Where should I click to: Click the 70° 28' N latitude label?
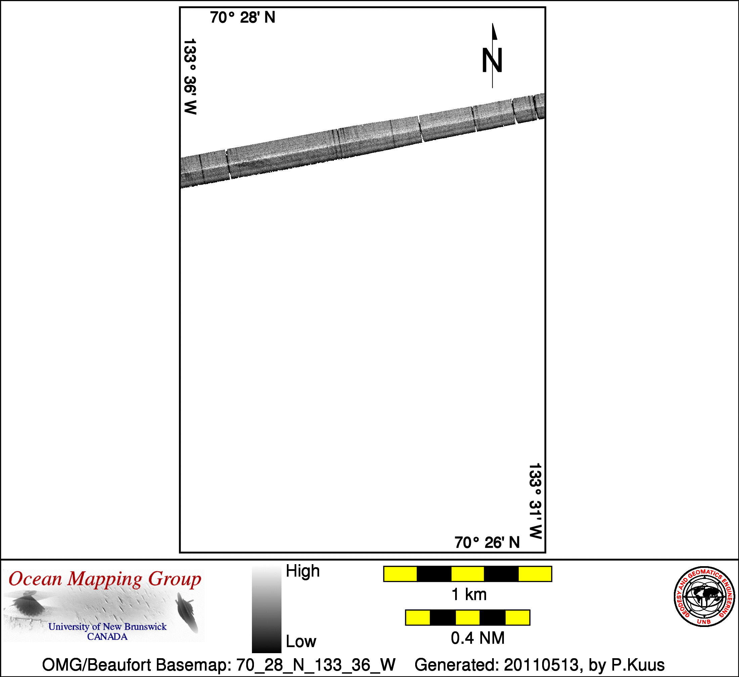242,17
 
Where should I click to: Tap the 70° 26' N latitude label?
487,542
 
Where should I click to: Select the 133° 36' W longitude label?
190,77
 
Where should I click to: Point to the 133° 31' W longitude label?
535,501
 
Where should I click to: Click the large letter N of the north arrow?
492,60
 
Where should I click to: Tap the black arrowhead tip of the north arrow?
492,24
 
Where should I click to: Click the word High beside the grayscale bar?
303,572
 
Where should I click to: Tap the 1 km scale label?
469,594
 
